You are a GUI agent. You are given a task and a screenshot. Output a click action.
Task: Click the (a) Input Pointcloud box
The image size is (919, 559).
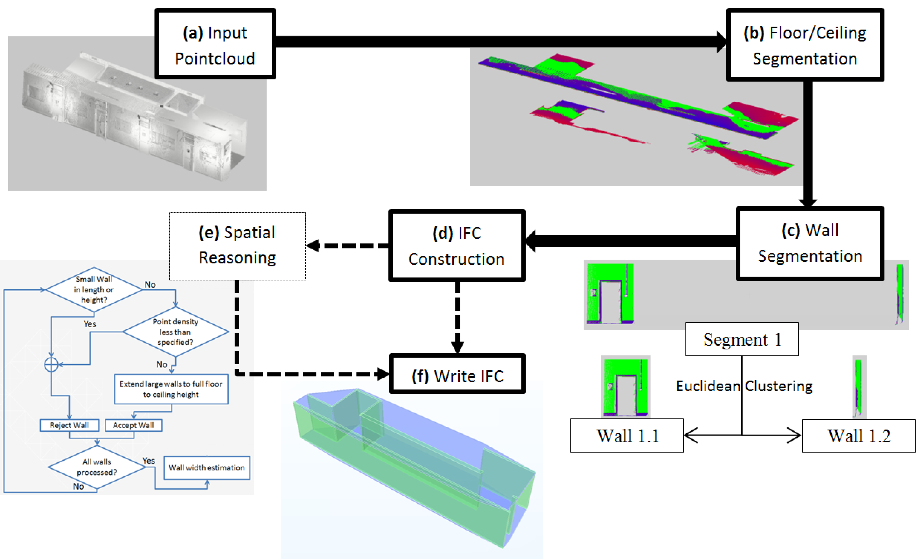(215, 44)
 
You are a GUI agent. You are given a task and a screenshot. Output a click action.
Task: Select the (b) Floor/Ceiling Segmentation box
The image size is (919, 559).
(805, 45)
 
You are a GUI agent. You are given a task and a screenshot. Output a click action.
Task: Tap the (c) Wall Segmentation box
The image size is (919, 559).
(810, 243)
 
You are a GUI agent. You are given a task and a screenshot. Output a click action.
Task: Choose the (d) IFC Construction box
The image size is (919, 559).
(457, 245)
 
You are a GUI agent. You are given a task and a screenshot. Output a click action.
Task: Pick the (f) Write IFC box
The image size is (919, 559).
(457, 374)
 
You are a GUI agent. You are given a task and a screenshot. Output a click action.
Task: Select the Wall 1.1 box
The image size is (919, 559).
(627, 435)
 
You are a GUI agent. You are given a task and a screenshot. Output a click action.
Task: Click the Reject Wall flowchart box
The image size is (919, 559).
(69, 425)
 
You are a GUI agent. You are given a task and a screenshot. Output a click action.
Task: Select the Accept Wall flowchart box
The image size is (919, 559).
(133, 425)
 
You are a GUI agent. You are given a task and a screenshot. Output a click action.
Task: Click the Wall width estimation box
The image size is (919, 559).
(207, 468)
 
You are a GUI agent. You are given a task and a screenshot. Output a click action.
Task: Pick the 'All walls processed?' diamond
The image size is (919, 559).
(96, 467)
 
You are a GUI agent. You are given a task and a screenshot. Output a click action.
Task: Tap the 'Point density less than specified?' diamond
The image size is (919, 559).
(175, 331)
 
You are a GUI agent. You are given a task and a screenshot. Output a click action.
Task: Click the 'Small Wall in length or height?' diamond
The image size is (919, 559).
(94, 289)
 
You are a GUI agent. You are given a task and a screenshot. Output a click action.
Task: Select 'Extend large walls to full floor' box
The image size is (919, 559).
(171, 389)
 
